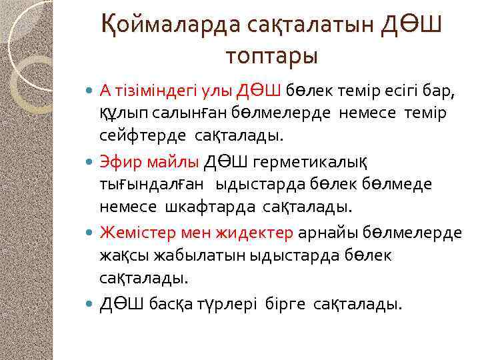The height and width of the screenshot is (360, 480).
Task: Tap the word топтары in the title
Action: [x=271, y=56]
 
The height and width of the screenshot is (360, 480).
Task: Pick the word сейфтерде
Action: [x=144, y=136]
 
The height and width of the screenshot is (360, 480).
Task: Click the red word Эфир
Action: [x=119, y=161]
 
